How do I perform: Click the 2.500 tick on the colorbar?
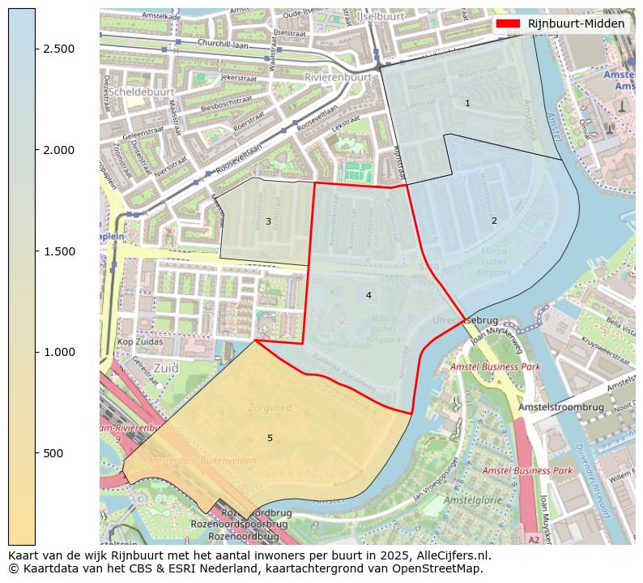[x=36, y=49]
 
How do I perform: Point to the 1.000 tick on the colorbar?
[x=36, y=352]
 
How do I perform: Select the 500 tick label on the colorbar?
[x=53, y=453]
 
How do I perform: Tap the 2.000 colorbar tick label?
[x=58, y=150]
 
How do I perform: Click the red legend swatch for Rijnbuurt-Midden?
[x=508, y=24]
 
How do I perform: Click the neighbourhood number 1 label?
[x=467, y=103]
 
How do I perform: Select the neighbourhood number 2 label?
[x=494, y=221]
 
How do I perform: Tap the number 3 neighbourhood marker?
[x=268, y=221]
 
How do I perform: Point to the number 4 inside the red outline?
[x=368, y=295]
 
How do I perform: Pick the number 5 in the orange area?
[x=270, y=438]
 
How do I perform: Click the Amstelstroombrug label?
[x=561, y=406]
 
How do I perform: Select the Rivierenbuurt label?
[x=338, y=77]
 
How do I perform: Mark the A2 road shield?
[x=534, y=539]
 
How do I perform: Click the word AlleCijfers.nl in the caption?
[x=450, y=555]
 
